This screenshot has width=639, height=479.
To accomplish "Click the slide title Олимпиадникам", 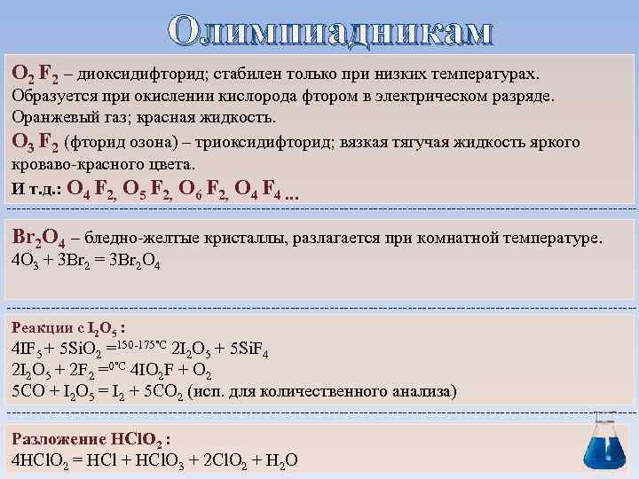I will click(329, 30).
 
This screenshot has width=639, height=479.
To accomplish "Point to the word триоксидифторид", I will click(267, 142).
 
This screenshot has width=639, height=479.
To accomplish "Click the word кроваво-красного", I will click(70, 165).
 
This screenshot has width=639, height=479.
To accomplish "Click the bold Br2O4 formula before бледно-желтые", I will click(36, 238).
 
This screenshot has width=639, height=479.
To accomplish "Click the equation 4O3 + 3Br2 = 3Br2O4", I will click(84, 261).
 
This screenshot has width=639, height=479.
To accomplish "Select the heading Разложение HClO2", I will click(89, 438).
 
